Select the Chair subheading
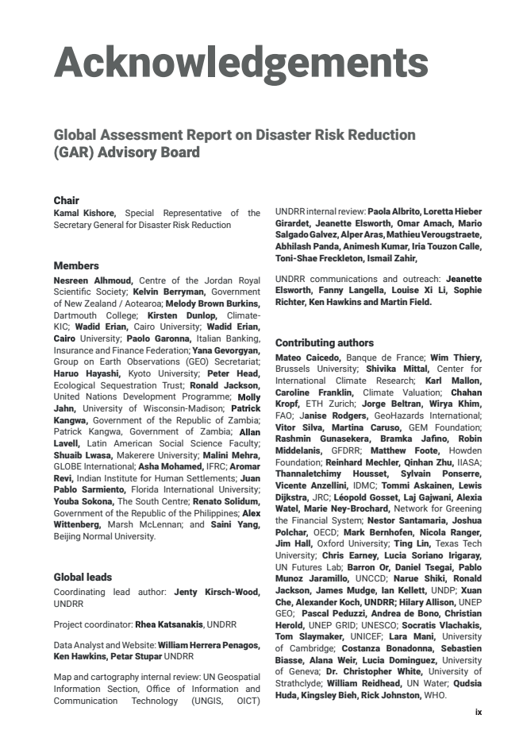[66, 200]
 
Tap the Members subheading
[76, 266]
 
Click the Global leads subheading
[83, 578]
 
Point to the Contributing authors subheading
[324, 343]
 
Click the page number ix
[478, 713]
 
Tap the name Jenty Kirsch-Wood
[228, 592]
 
